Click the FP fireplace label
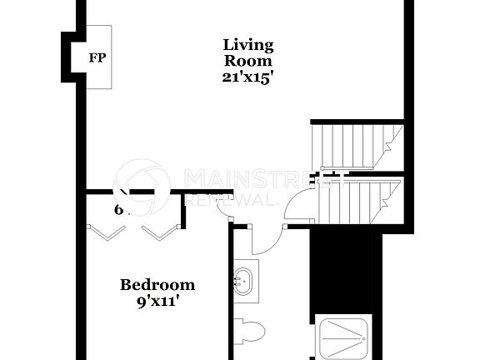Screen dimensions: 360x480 (98, 57)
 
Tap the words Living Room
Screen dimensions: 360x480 (247, 52)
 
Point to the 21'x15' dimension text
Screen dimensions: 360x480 (247, 77)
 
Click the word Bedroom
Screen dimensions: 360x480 (157, 285)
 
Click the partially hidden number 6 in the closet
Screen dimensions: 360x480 (119, 209)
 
